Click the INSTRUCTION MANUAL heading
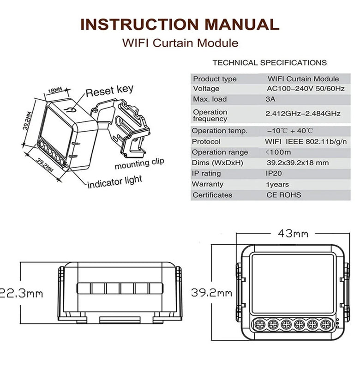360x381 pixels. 180,24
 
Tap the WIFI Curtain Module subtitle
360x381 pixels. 180,43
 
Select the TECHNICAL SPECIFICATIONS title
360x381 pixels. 270,62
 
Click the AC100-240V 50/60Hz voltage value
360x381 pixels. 306,88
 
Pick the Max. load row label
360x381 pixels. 211,99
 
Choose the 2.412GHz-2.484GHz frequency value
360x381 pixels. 303,113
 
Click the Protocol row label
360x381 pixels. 207,141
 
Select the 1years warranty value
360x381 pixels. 278,184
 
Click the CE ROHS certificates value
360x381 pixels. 283,195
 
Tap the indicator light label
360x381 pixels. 115,183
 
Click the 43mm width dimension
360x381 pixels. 293,233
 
